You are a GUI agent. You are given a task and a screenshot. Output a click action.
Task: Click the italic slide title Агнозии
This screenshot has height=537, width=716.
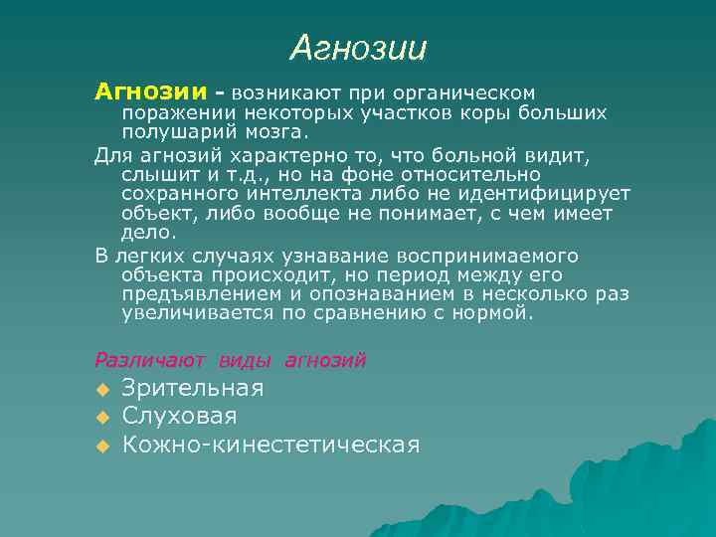(x=359, y=47)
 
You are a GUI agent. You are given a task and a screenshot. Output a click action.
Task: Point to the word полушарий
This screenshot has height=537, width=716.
(x=176, y=131)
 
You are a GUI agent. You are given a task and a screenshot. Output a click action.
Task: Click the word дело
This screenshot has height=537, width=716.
(x=147, y=233)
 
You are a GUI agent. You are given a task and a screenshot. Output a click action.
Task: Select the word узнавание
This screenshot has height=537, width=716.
(x=307, y=257)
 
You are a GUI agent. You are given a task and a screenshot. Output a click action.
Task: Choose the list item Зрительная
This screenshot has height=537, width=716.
(x=193, y=388)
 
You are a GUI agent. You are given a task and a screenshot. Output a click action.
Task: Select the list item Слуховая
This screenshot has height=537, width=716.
(x=179, y=416)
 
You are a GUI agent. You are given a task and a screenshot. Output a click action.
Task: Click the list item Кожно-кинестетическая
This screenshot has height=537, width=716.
(x=270, y=444)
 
